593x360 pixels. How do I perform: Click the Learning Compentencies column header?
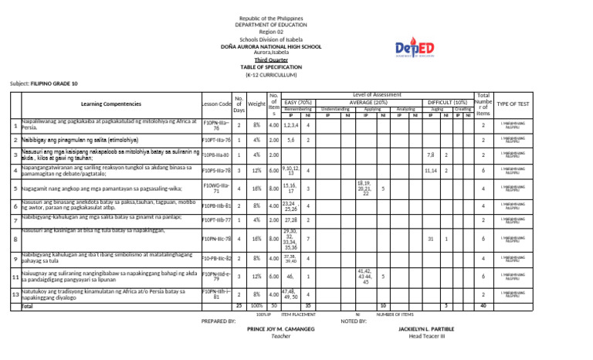pyautogui.click(x=110, y=104)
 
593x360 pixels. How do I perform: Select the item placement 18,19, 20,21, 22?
pyautogui.click(x=364, y=188)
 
